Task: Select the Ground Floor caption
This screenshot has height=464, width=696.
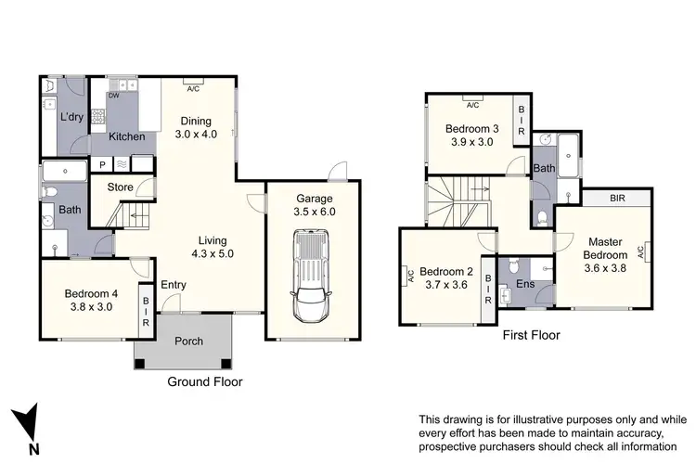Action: [x=204, y=381]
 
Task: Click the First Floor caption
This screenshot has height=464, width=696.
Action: [x=530, y=335]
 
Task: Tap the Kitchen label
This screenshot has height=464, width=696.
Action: [x=126, y=136]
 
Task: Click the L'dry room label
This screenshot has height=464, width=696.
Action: [x=72, y=118]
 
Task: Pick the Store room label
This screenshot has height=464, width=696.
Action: [x=121, y=187]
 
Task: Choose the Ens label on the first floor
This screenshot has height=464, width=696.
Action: [x=524, y=284]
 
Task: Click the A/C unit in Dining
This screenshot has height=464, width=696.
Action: [x=193, y=89]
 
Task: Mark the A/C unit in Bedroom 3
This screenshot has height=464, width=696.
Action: [x=470, y=104]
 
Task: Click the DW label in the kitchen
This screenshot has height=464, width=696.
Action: [x=113, y=96]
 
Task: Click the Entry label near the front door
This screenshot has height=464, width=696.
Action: [x=173, y=285]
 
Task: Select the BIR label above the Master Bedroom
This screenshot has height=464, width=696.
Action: [x=617, y=198]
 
